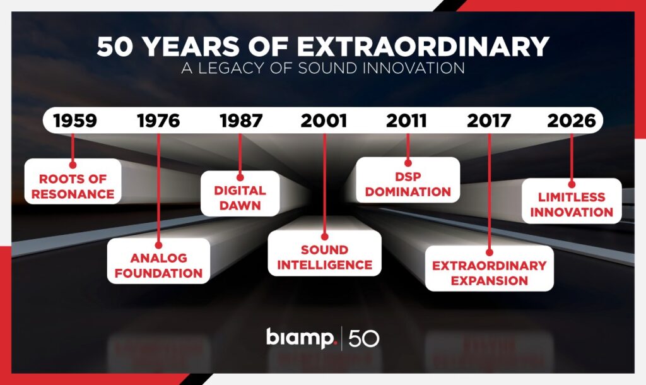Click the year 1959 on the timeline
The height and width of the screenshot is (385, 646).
[75, 121]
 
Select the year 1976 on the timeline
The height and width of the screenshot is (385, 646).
[158, 121]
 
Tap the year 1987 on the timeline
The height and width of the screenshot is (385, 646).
[241, 121]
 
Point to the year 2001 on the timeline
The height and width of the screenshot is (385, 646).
[324, 121]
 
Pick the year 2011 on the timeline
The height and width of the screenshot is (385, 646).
[406, 121]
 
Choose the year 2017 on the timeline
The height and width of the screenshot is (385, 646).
[489, 121]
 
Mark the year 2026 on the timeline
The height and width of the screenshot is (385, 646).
[572, 121]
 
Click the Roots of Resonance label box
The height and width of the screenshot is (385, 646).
[73, 181]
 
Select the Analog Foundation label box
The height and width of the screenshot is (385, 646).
[158, 261]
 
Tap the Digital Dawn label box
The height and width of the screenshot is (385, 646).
[240, 193]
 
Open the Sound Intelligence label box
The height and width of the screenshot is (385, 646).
[325, 253]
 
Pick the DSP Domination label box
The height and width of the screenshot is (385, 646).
[408, 180]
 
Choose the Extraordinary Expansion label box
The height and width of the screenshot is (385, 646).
[490, 268]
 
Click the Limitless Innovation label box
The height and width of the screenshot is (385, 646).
[572, 201]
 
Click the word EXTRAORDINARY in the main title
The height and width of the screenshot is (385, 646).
[423, 46]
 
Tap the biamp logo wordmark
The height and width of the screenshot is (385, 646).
[302, 338]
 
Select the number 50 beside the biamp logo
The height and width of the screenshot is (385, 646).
[364, 338]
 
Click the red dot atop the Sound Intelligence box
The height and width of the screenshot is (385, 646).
[325, 237]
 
